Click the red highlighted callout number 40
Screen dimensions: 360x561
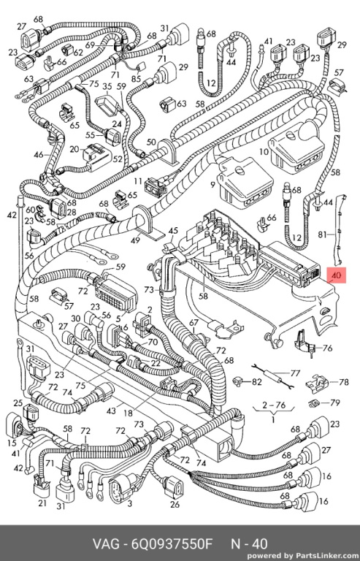click(337, 275)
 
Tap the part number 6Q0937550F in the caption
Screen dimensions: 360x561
click(172, 544)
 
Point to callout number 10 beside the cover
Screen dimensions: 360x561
click(264, 152)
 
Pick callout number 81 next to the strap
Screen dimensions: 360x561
click(323, 234)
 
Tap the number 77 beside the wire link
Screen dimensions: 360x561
click(295, 373)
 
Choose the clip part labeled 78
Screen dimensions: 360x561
click(318, 383)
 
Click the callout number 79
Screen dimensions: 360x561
click(335, 403)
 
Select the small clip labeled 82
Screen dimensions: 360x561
click(237, 382)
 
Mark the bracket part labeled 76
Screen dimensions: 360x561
click(305, 344)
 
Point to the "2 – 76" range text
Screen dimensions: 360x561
click(274, 405)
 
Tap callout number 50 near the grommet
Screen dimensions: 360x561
click(151, 142)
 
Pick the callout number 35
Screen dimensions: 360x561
click(107, 87)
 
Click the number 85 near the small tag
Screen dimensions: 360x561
click(137, 77)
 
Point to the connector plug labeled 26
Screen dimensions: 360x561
click(174, 486)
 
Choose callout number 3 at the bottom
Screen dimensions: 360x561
click(129, 504)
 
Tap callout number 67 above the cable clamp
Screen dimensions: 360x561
click(194, 323)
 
